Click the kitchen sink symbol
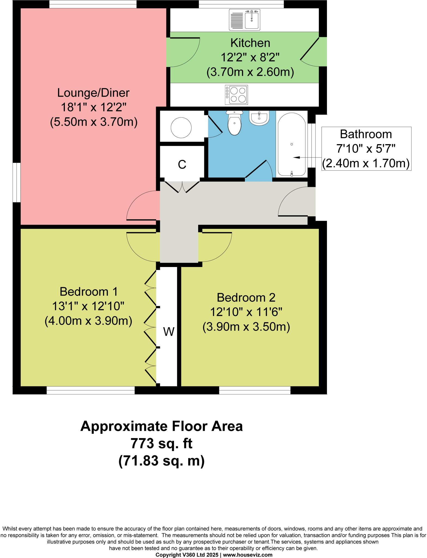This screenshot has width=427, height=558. pyautogui.click(x=245, y=20)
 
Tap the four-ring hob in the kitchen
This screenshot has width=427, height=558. pyautogui.click(x=237, y=95)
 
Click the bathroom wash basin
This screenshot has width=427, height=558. pyautogui.click(x=259, y=118)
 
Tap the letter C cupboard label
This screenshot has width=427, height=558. pyautogui.click(x=182, y=164)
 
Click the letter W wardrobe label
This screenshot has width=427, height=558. pyautogui.click(x=169, y=332)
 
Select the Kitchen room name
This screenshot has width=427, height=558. pyautogui.click(x=250, y=43)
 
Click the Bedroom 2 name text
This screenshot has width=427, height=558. pyautogui.click(x=246, y=297)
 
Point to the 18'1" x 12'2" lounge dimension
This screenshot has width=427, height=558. pyautogui.click(x=93, y=107)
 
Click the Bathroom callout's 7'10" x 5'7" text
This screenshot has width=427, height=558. pyautogui.click(x=366, y=149)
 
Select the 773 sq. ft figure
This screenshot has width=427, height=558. pyautogui.click(x=162, y=444)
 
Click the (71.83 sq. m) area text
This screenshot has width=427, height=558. pyautogui.click(x=162, y=461)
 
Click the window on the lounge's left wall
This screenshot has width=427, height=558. pyautogui.click(x=17, y=183)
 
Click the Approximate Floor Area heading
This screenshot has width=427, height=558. pyautogui.click(x=162, y=426)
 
